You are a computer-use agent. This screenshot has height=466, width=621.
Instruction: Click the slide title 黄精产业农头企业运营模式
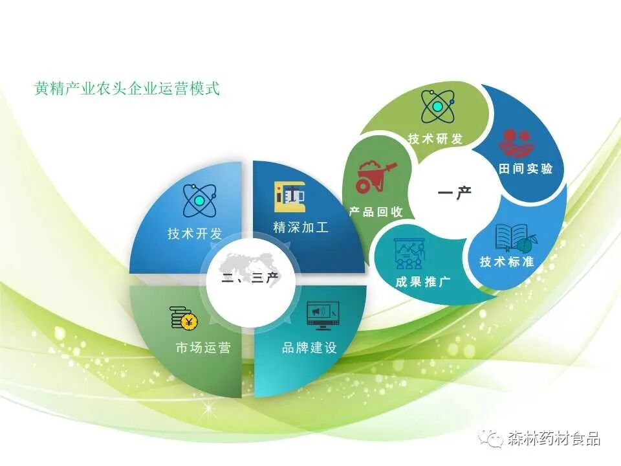pyautogui.click(x=127, y=89)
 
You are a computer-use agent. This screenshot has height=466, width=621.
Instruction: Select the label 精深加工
pyautogui.click(x=301, y=227)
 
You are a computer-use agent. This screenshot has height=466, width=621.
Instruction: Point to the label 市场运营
pyautogui.click(x=202, y=348)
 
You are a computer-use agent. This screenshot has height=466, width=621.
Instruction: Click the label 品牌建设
pyautogui.click(x=309, y=348)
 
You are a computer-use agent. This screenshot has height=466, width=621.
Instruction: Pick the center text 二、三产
pyautogui.click(x=250, y=279)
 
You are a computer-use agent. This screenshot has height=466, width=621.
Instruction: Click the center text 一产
pyautogui.click(x=455, y=193)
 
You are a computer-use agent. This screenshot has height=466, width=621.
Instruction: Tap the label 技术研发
pyautogui.click(x=435, y=139)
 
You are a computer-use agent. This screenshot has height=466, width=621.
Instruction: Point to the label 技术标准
pyautogui.click(x=507, y=261)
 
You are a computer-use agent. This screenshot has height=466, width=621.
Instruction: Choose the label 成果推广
pyautogui.click(x=423, y=282)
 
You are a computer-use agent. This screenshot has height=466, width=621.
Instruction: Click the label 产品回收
pyautogui.click(x=376, y=212)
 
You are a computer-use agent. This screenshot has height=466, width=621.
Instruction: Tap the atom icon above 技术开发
pyautogui.click(x=198, y=201)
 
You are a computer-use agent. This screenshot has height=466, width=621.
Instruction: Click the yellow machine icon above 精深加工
pyautogui.click(x=289, y=195)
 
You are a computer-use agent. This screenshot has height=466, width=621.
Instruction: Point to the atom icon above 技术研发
pyautogui.click(x=437, y=106)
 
